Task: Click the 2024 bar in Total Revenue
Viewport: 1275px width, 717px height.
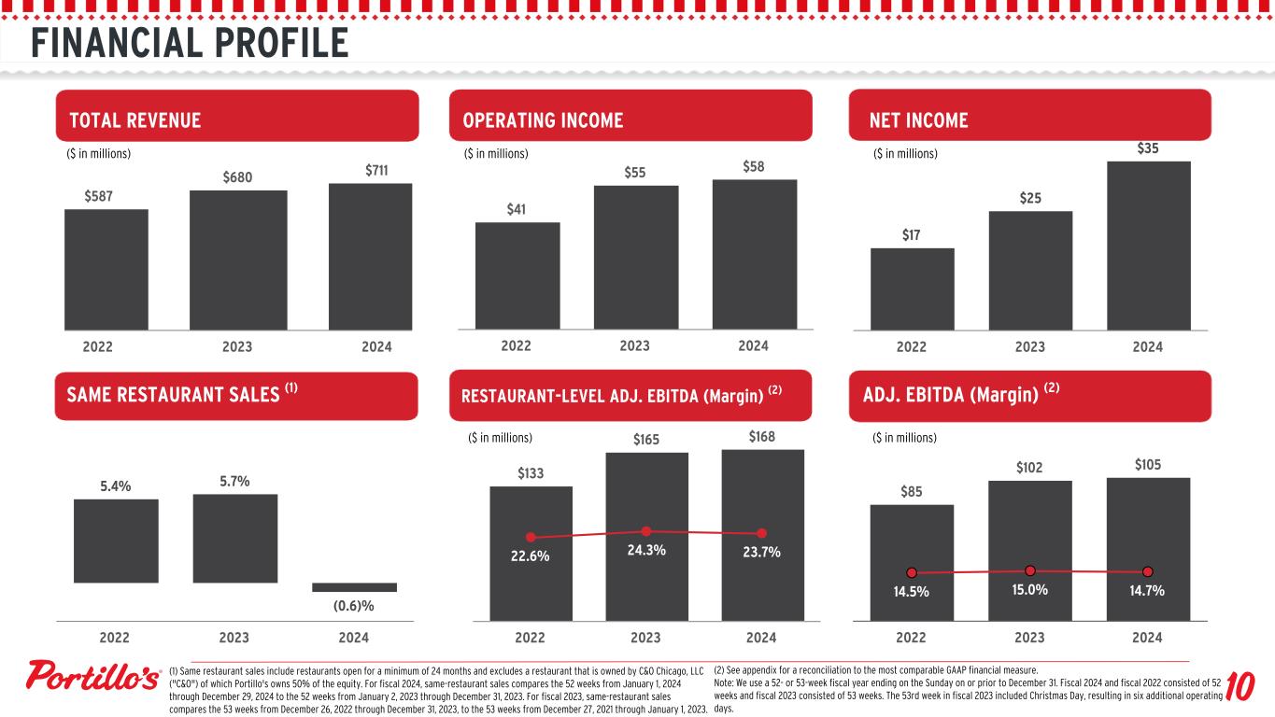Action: click(370, 256)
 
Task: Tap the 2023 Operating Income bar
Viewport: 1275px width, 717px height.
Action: click(635, 257)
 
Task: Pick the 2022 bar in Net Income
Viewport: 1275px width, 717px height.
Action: click(912, 288)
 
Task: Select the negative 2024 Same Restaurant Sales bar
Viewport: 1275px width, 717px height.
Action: click(354, 587)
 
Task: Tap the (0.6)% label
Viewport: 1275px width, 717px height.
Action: click(354, 606)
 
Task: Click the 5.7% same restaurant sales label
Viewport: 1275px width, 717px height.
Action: click(234, 481)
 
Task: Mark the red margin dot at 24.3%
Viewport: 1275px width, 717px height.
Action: click(645, 531)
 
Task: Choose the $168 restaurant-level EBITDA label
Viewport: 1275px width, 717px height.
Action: click(762, 437)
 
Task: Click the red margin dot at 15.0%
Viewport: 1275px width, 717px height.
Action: click(1029, 570)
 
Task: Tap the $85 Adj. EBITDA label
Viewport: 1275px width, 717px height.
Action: click(912, 491)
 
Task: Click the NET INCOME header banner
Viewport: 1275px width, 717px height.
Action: click(1028, 119)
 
